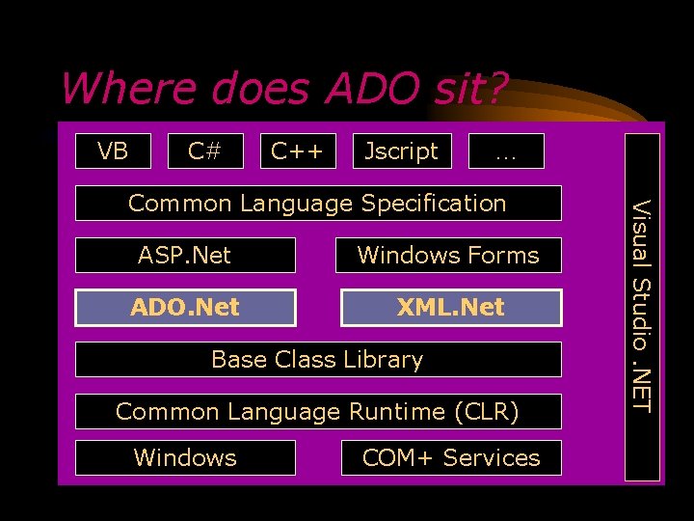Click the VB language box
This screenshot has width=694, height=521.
click(114, 151)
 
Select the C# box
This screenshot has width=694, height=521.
click(204, 151)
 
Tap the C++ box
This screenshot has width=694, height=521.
click(297, 151)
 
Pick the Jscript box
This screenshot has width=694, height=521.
click(402, 151)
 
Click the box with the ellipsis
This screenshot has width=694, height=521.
click(505, 151)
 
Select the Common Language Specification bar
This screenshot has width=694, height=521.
click(317, 203)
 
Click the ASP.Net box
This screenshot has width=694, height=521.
click(185, 255)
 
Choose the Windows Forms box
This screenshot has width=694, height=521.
click(449, 255)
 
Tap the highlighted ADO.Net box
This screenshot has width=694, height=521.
click(185, 307)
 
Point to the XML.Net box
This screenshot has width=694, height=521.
click(450, 307)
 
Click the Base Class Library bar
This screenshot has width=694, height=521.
click(317, 359)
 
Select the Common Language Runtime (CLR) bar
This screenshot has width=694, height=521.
click(317, 411)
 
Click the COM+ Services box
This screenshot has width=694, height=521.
click(450, 457)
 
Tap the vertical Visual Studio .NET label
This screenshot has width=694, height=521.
click(643, 306)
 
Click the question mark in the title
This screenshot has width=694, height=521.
click(494, 89)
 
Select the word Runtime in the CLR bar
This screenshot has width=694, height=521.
click(396, 411)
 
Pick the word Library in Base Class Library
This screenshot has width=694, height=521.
click(385, 359)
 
